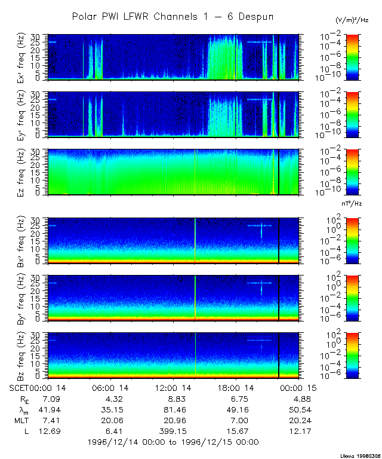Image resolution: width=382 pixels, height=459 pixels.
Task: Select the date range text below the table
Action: (173, 442)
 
